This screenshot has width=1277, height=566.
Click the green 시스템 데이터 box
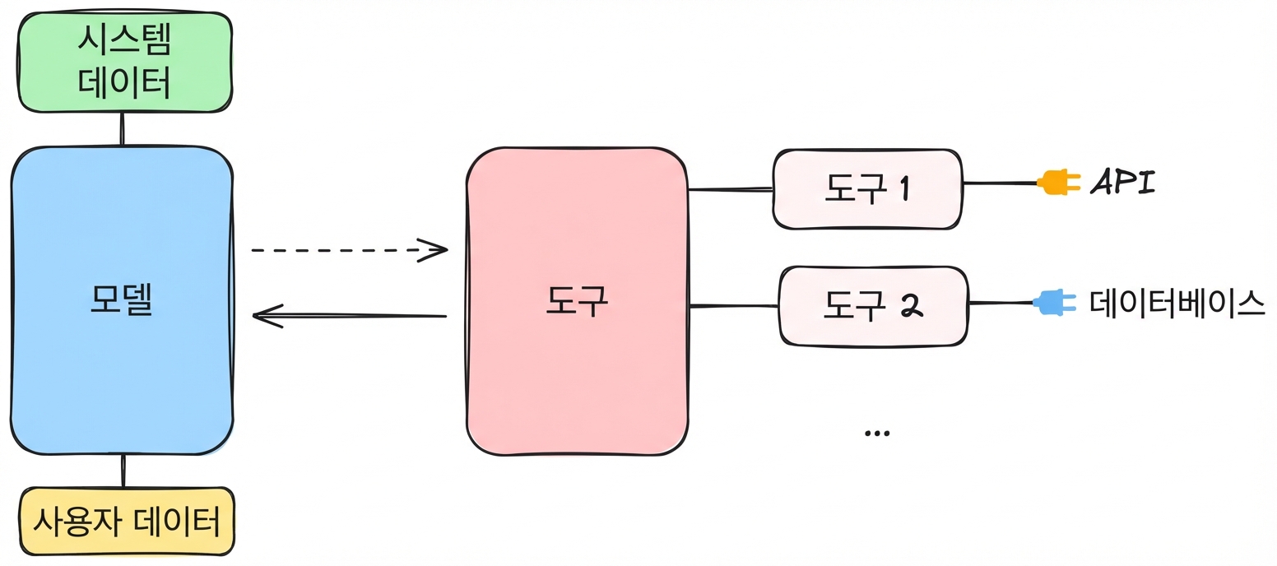pyautogui.click(x=125, y=63)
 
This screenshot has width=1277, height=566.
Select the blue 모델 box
pyautogui.click(x=122, y=300)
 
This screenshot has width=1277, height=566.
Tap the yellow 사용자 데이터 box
pyautogui.click(x=128, y=521)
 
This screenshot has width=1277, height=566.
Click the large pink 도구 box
pyautogui.click(x=577, y=301)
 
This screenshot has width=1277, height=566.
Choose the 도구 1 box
pyautogui.click(x=867, y=189)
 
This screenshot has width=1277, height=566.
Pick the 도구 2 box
pyautogui.click(x=873, y=306)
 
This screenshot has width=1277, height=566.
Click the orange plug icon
pyautogui.click(x=1059, y=183)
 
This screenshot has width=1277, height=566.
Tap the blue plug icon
pyautogui.click(x=1055, y=303)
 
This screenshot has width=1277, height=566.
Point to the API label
pyautogui.click(x=1122, y=183)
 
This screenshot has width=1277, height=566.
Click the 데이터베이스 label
pyautogui.click(x=1177, y=304)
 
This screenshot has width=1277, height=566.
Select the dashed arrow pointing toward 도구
pyautogui.click(x=350, y=250)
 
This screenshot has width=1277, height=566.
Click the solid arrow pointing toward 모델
pyautogui.click(x=350, y=316)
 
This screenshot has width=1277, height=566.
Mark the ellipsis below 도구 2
pyautogui.click(x=877, y=434)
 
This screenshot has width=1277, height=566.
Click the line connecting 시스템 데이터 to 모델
pyautogui.click(x=122, y=129)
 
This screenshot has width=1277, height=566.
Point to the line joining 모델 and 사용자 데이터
pyautogui.click(x=123, y=471)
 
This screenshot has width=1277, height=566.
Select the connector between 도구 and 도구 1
pyautogui.click(x=731, y=189)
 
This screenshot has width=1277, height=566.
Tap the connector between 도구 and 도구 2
pyautogui.click(x=734, y=306)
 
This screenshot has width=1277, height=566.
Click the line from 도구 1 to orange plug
pyautogui.click(x=1000, y=183)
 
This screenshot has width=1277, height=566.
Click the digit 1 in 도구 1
pyautogui.click(x=903, y=188)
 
